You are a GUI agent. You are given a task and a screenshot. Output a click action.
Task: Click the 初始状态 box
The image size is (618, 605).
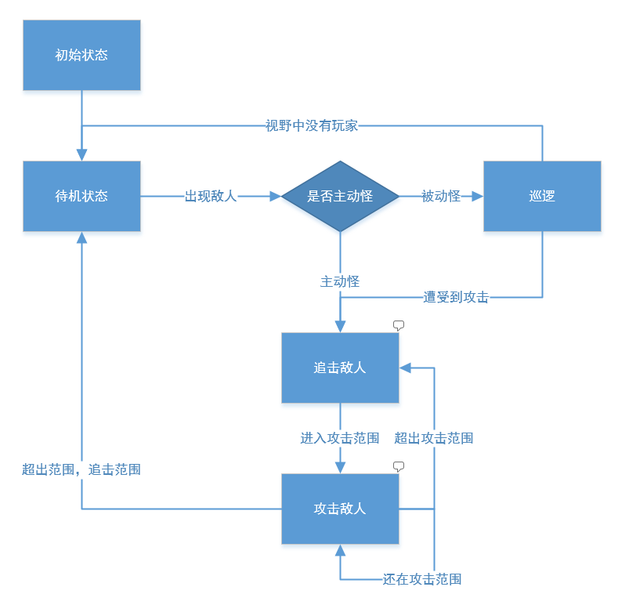pyautogui.click(x=81, y=55)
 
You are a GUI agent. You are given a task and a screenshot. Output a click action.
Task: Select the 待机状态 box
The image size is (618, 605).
pyautogui.click(x=81, y=196)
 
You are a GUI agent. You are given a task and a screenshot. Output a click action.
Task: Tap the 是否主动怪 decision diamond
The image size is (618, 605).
pyautogui.click(x=340, y=196)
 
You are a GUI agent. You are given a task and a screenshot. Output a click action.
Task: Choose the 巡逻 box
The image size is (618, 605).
pyautogui.click(x=542, y=196)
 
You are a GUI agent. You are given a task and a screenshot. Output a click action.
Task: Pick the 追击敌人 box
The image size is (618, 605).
pyautogui.click(x=340, y=368)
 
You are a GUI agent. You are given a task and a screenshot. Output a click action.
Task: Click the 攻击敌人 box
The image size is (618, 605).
pyautogui.click(x=340, y=509)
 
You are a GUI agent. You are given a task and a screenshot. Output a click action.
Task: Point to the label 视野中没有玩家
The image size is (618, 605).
pyautogui.click(x=312, y=126)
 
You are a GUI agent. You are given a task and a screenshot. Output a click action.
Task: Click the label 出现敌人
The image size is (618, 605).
pyautogui.click(x=211, y=196)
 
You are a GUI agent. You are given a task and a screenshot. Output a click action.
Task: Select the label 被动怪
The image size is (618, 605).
pyautogui.click(x=441, y=196)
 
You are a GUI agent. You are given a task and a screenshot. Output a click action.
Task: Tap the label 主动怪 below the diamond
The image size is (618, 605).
pyautogui.click(x=340, y=281)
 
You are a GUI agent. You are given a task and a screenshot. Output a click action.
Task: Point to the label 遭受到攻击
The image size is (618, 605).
pyautogui.click(x=456, y=297)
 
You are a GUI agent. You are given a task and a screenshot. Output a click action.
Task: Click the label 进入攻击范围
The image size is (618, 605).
pyautogui.click(x=340, y=438)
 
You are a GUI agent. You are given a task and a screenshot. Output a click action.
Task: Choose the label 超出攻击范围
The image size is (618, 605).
pyautogui.click(x=434, y=438)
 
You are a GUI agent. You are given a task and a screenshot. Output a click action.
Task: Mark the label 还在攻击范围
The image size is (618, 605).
pyautogui.click(x=421, y=579)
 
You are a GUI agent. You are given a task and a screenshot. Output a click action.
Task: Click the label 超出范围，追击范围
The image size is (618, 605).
pyautogui.click(x=81, y=469)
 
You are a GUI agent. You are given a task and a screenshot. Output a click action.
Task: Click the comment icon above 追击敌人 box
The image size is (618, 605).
pyautogui.click(x=399, y=325)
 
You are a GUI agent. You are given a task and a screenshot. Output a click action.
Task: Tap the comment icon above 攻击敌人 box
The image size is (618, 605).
pyautogui.click(x=399, y=466)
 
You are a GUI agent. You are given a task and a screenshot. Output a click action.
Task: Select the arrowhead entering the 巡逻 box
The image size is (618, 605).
pyautogui.click(x=478, y=196)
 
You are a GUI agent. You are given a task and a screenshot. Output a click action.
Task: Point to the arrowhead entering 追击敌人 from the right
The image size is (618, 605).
pyautogui.click(x=405, y=368)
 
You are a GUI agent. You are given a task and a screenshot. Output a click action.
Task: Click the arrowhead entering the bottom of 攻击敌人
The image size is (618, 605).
pyautogui.click(x=340, y=550)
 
